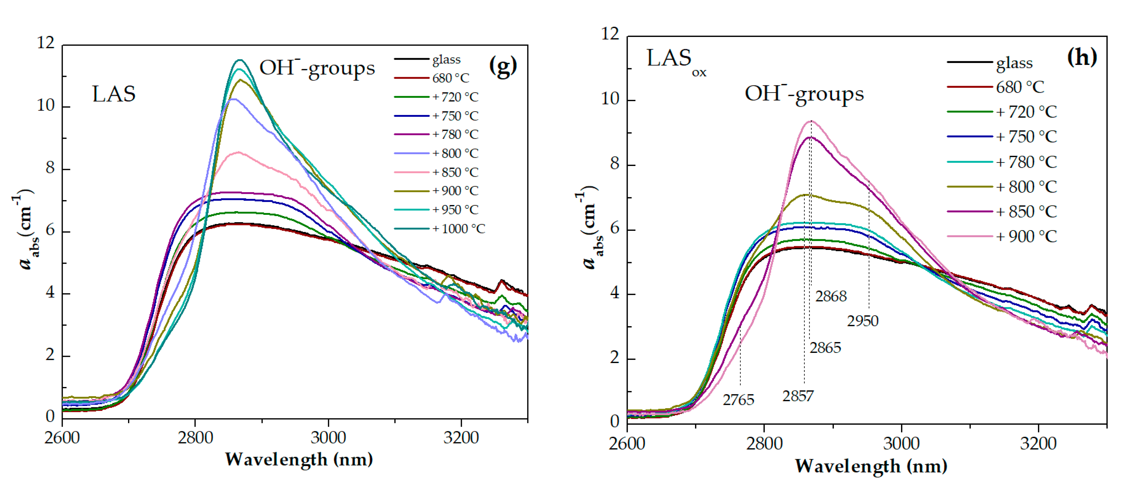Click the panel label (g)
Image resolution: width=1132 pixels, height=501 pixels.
[503, 66]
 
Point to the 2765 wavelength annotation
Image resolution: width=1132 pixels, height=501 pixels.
[738, 400]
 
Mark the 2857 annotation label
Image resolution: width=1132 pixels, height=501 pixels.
[798, 396]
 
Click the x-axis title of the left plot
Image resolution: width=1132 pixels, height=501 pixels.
[299, 459]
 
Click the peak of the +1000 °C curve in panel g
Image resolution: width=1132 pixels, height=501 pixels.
[240, 60]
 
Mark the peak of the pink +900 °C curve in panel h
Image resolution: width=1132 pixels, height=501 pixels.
[811, 121]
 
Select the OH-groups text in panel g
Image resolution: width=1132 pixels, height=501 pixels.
[317, 68]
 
